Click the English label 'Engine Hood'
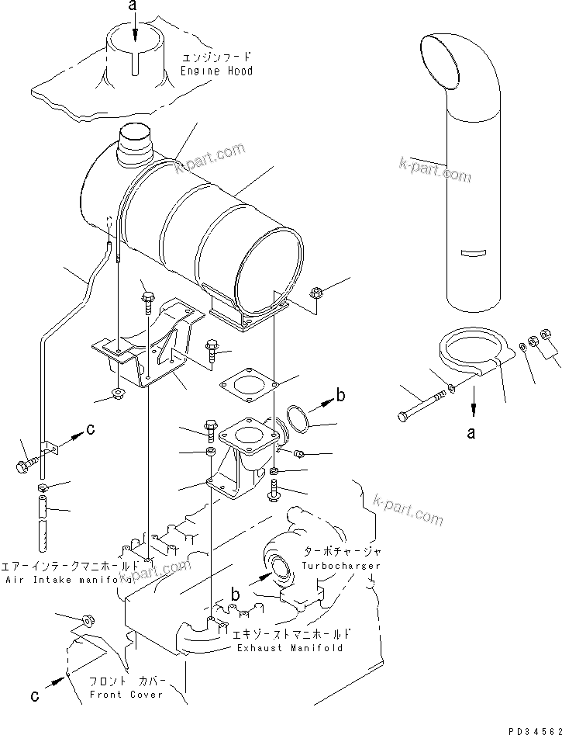[217, 71]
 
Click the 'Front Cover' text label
[126, 694]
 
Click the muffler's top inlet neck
[137, 147]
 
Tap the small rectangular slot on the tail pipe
[471, 252]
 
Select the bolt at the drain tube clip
[26, 466]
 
